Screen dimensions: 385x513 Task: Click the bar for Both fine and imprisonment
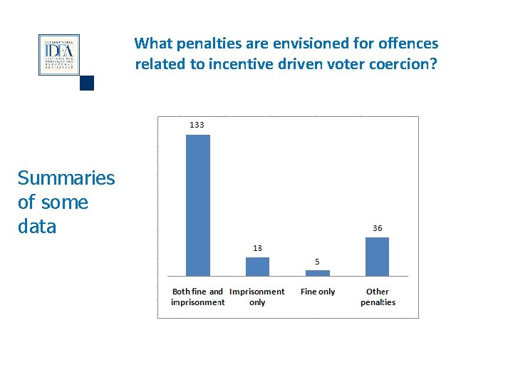tap(197, 205)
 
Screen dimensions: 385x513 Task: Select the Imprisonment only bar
tap(257, 266)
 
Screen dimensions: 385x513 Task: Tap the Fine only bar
tap(317, 272)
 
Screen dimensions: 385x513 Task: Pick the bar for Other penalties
tap(377, 256)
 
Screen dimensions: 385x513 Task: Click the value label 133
tap(197, 125)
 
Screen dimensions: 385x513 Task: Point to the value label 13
tap(257, 248)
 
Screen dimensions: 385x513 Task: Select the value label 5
tap(317, 262)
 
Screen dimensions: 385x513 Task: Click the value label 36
tap(377, 228)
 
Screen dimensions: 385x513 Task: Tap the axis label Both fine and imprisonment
tap(197, 297)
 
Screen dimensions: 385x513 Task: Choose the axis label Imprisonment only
tap(257, 297)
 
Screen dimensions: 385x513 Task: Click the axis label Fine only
tap(318, 292)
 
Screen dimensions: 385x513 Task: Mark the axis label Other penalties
tap(378, 297)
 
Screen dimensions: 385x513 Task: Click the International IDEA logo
tap(58, 55)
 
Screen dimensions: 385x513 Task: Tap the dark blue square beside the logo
tap(87, 83)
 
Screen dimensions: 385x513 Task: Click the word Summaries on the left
tap(66, 178)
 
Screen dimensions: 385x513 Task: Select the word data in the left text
tap(36, 227)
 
